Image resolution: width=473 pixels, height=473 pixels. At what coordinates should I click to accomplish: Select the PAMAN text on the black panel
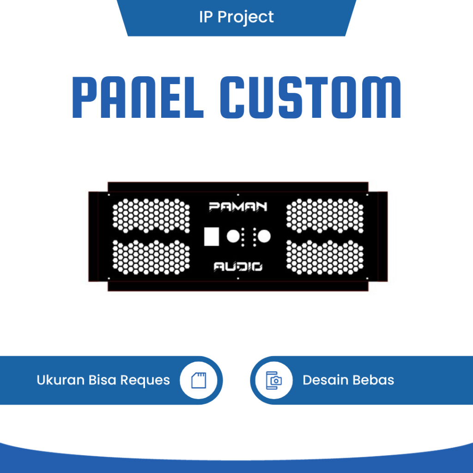click(237, 206)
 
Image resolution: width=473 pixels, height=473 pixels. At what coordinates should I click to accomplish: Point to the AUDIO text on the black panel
click(237, 266)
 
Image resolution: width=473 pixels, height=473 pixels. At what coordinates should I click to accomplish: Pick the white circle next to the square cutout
click(233, 236)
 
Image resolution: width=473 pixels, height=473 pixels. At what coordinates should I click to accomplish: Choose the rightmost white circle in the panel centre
click(264, 236)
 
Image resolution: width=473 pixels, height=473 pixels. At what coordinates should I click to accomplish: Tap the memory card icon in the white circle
click(199, 380)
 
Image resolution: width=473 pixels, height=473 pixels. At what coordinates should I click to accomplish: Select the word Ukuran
click(61, 380)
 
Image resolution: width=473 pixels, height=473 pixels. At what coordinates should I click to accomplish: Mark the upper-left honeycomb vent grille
click(151, 215)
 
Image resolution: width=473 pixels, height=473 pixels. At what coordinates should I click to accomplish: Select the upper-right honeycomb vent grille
click(325, 215)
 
